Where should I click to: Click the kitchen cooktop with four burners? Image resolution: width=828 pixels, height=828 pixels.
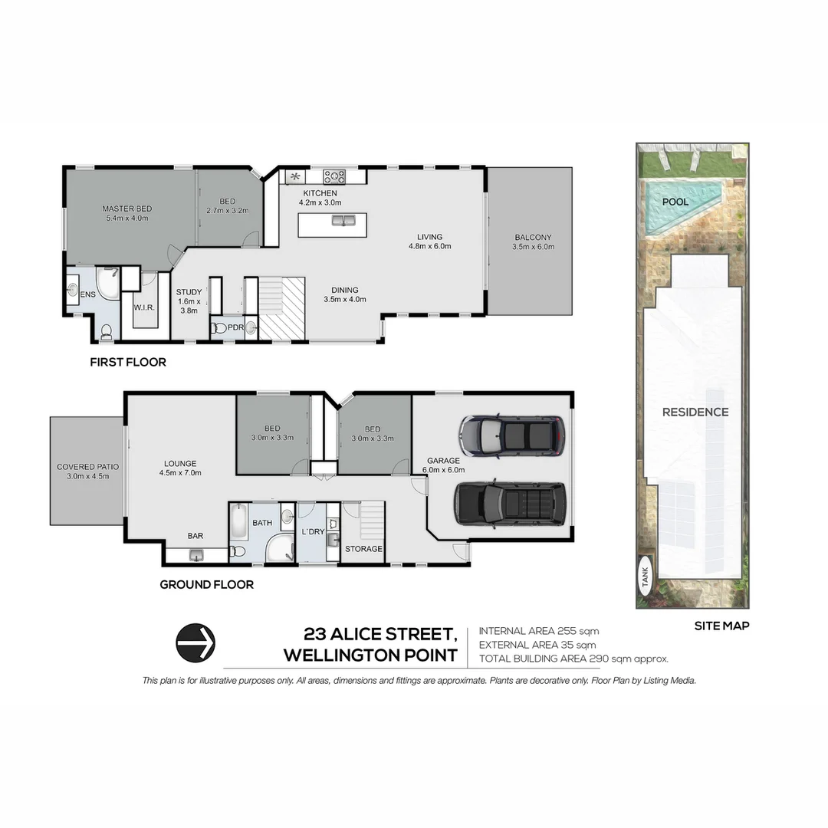[x=334, y=176]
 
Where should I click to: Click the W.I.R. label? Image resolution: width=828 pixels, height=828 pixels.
[x=145, y=308]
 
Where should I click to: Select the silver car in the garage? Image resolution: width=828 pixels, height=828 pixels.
[x=511, y=435]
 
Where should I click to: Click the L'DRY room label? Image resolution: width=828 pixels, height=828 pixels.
[x=313, y=532]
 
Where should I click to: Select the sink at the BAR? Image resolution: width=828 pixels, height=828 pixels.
[x=196, y=554]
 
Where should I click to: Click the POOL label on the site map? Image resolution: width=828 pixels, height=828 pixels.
[x=675, y=202]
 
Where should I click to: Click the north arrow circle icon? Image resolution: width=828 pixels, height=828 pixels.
[x=195, y=642]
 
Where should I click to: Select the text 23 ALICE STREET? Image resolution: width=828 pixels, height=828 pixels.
[x=380, y=634]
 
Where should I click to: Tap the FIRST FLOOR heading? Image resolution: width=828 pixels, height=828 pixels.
[x=127, y=362]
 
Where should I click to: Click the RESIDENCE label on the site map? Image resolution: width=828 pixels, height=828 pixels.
[x=695, y=412]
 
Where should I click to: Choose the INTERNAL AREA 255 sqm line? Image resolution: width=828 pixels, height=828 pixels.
[x=538, y=631]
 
